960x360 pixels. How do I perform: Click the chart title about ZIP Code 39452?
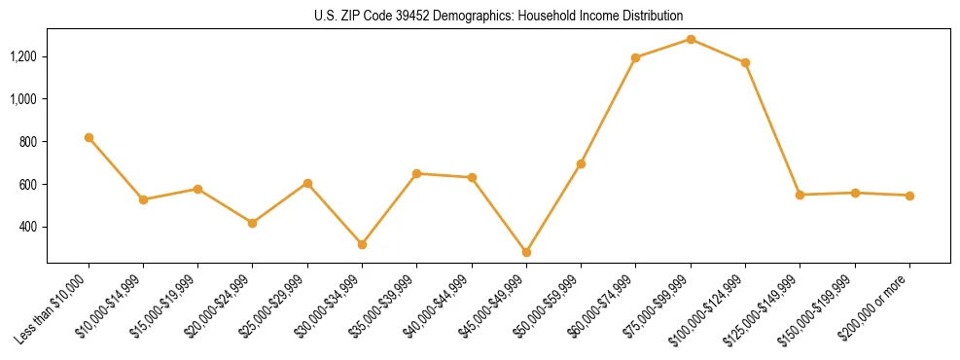pos(498,16)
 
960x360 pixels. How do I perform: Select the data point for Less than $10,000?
pos(89,137)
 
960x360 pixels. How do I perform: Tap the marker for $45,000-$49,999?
pos(526,252)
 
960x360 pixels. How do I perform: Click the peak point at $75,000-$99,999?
pos(691,39)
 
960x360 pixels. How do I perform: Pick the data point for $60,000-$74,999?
pos(635,57)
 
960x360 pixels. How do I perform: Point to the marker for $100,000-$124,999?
pos(745,62)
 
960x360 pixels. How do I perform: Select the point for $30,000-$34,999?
pos(362,244)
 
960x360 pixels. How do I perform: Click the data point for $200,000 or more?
pos(909,196)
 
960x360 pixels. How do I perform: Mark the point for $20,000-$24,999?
pos(253,223)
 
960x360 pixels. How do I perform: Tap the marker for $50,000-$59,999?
pos(581,163)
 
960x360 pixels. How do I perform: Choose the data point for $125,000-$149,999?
pos(800,195)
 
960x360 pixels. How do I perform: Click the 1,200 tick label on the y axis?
pos(23,56)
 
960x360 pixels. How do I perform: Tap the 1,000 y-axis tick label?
pos(23,99)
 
